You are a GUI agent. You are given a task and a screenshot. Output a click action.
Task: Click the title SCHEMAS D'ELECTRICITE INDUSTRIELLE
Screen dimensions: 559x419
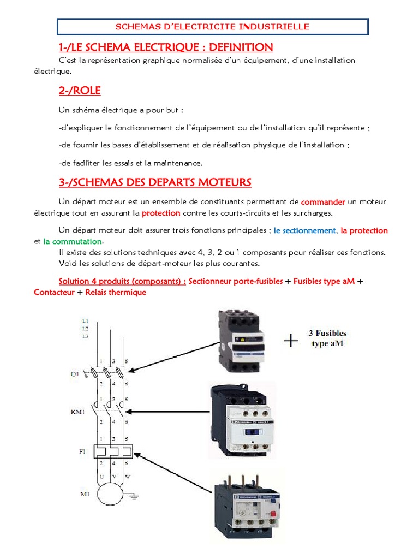pyautogui.click(x=213, y=26)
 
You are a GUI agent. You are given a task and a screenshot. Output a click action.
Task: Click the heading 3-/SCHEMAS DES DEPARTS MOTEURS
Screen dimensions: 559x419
pyautogui.click(x=154, y=182)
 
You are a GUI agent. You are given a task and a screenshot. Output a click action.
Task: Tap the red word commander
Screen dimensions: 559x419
pyautogui.click(x=323, y=201)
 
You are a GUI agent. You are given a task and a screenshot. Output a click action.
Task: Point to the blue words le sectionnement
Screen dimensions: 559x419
pyautogui.click(x=304, y=230)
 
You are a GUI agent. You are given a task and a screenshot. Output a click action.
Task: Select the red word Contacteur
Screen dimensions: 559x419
pyautogui.click(x=54, y=292)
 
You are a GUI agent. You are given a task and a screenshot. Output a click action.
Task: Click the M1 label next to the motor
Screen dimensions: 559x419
pyautogui.click(x=79, y=495)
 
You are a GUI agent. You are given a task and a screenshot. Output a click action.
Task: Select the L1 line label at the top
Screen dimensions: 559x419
pyautogui.click(x=85, y=321)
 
